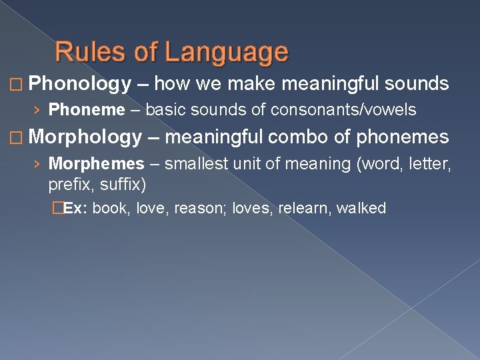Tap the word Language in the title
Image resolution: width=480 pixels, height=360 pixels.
[x=227, y=52]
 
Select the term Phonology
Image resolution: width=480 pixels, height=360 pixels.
[x=80, y=84]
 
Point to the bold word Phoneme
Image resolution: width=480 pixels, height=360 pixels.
[x=87, y=109]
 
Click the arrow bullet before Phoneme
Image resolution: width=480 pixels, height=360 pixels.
[x=39, y=109]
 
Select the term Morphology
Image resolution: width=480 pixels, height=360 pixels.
[x=85, y=137]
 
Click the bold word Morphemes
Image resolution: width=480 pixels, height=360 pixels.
[x=97, y=163]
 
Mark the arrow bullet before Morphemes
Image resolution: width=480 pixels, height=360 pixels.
[x=39, y=163]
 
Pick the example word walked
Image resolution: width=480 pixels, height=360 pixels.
[x=361, y=208]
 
